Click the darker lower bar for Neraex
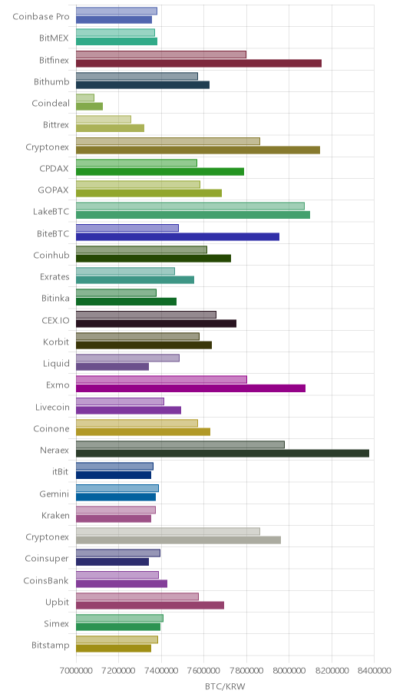click(223, 454)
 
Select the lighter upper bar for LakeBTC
click(190, 206)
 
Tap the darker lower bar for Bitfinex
click(199, 64)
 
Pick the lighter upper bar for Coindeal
click(85, 97)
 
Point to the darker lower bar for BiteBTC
click(178, 237)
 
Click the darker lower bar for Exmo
click(190, 388)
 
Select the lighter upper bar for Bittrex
click(104, 120)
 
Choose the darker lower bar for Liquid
click(113, 367)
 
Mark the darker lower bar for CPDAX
click(160, 172)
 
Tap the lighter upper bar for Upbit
click(137, 597)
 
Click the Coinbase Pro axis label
click(41, 17)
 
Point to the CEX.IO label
click(55, 320)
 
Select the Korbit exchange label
click(56, 342)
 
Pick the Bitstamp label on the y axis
click(51, 646)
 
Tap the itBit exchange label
click(61, 472)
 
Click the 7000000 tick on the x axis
click(76, 671)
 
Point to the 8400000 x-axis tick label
click(375, 671)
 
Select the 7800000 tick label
click(246, 671)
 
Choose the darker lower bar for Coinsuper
click(113, 562)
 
